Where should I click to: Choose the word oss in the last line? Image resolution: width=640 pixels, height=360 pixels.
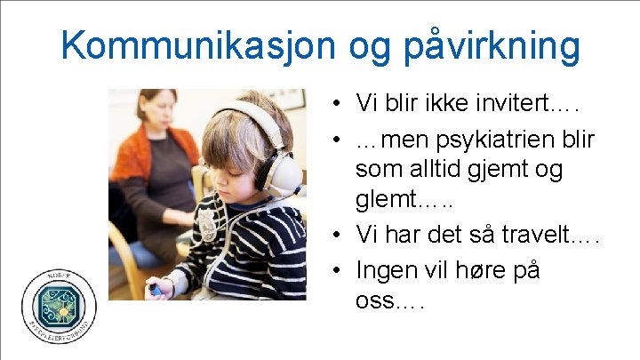tap(373, 300)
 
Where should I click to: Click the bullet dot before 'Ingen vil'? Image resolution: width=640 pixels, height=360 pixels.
tap(340, 268)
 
